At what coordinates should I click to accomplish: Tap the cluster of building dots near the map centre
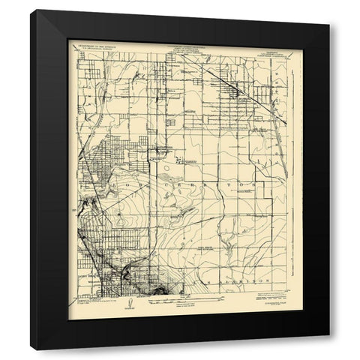[x=180, y=159]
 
